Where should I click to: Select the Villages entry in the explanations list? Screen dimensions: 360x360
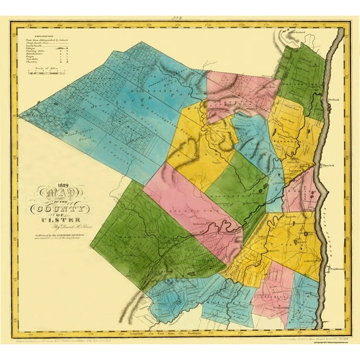38,49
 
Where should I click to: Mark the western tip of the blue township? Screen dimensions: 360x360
20,116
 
